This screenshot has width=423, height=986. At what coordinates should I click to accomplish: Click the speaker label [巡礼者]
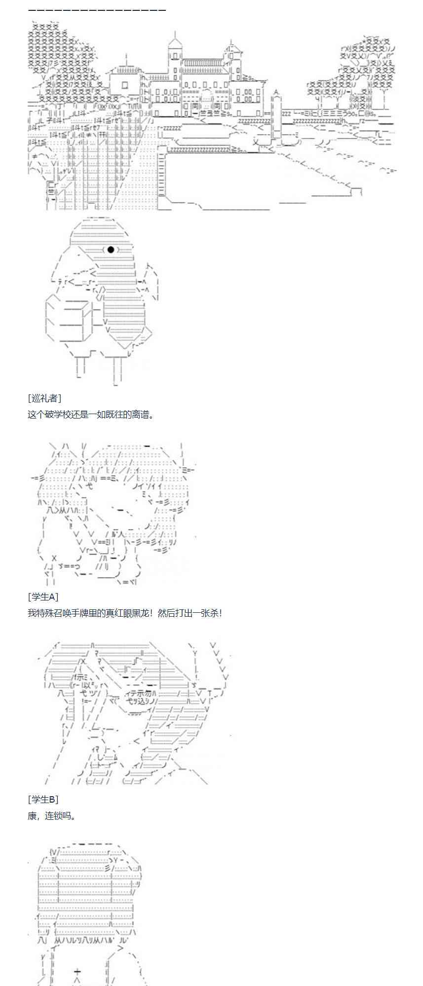[44, 398]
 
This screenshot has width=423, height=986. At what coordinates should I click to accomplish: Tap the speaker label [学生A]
[43, 597]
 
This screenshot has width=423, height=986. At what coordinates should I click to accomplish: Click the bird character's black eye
[112, 249]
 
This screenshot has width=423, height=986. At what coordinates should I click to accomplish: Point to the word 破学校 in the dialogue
[64, 414]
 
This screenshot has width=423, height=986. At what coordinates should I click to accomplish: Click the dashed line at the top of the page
[97, 10]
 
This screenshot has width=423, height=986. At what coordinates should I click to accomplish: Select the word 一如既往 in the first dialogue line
[107, 414]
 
